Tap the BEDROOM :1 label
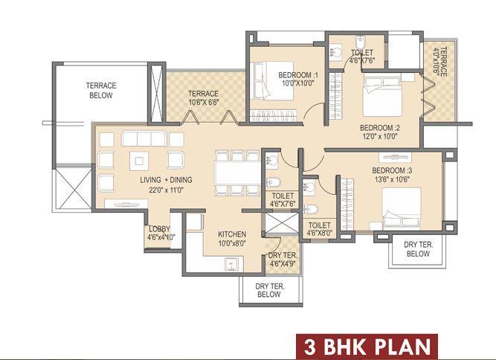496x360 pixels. click(x=298, y=75)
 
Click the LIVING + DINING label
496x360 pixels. click(x=166, y=180)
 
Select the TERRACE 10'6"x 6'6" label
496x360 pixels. click(x=203, y=98)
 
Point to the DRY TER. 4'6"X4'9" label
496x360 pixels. click(x=283, y=258)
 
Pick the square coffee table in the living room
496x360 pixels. click(x=139, y=159)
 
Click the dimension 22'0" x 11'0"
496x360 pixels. click(x=166, y=190)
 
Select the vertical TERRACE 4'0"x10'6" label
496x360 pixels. click(x=442, y=63)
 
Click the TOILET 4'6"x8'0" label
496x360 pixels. click(x=320, y=228)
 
